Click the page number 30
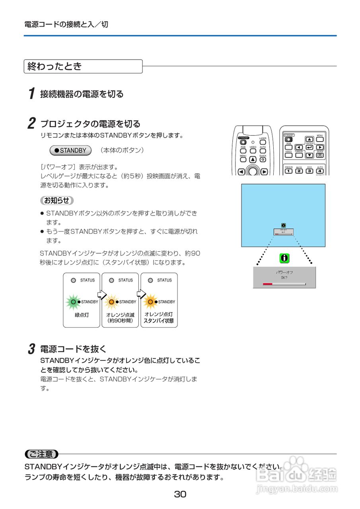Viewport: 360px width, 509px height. tap(180, 494)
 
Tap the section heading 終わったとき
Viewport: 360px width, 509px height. tap(54, 66)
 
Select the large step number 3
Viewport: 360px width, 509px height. tap(31, 349)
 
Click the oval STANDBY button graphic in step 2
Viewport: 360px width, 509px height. tap(70, 151)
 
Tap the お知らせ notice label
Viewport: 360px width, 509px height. tap(56, 200)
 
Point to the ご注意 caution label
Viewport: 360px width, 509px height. tap(41, 454)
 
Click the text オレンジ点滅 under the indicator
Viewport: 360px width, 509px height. tap(120, 314)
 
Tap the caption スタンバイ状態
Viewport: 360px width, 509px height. tap(158, 321)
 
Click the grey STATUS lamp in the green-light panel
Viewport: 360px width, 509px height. tap(73, 280)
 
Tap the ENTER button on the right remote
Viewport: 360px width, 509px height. tap(309, 147)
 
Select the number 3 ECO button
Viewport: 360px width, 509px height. tap(309, 171)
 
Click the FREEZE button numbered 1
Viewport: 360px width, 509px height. tap(289, 171)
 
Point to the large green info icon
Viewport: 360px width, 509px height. tap(284, 258)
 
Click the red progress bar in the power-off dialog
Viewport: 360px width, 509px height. tap(267, 284)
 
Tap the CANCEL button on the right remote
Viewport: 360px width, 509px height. tap(299, 155)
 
